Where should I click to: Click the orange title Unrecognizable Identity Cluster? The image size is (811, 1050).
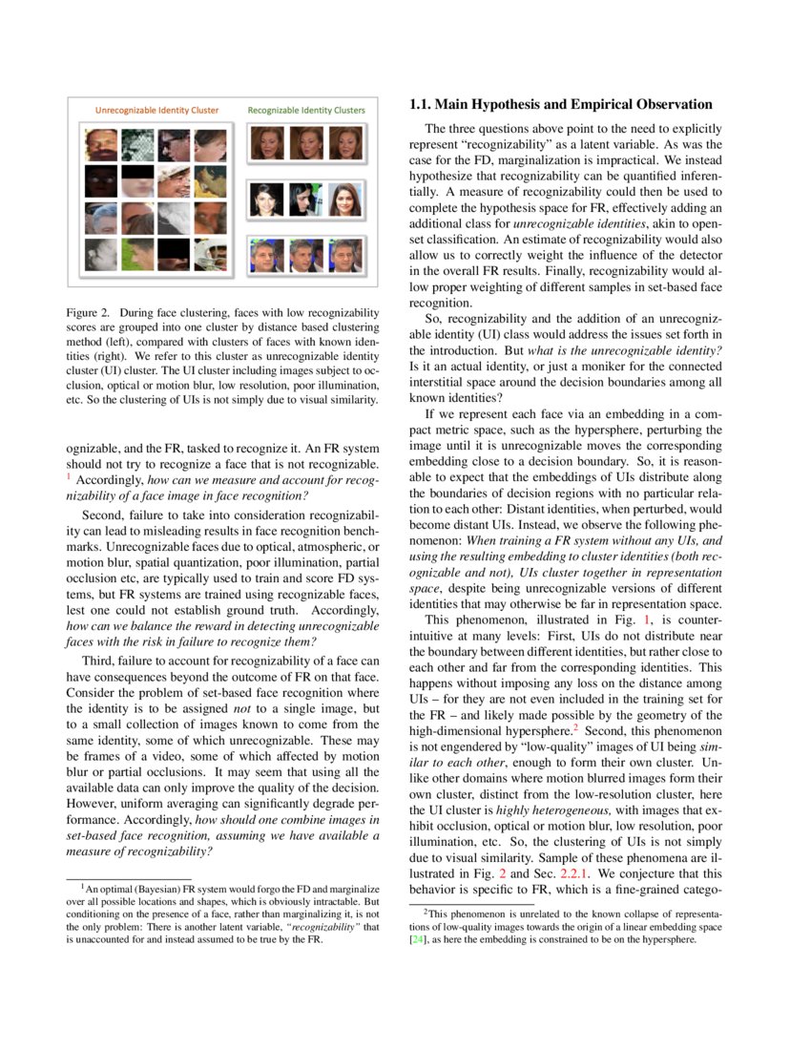156,110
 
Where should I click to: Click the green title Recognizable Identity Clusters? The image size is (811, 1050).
306,110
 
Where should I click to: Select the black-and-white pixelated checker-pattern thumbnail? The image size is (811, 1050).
136,144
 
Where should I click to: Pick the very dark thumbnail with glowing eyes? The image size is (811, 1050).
100,180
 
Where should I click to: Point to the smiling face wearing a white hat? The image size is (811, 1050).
174,181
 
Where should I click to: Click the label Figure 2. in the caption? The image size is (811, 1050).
88,312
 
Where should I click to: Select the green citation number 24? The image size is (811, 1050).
416,939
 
